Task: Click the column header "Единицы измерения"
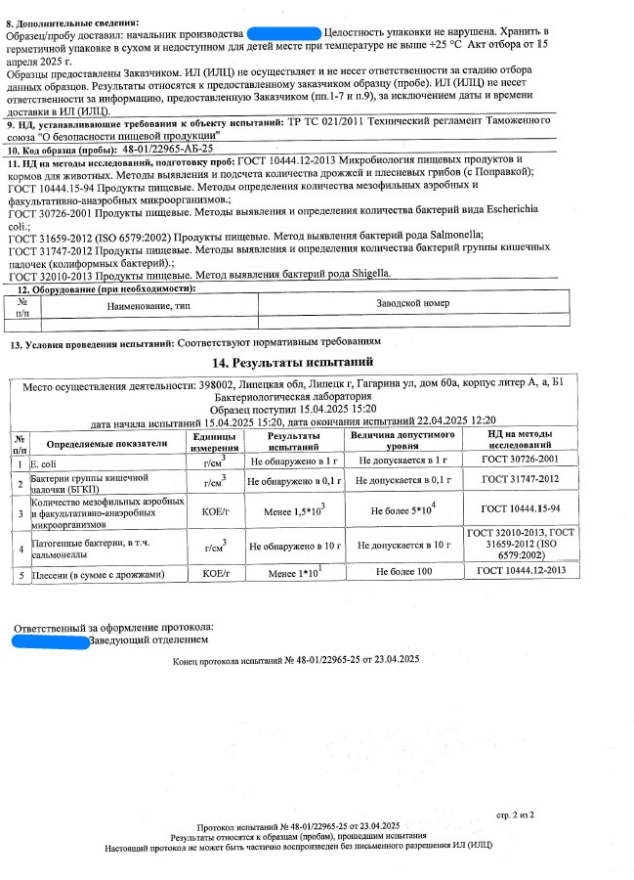pyautogui.click(x=213, y=441)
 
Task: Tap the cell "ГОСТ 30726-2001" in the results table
pyautogui.click(x=521, y=459)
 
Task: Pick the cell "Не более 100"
pyautogui.click(x=403, y=571)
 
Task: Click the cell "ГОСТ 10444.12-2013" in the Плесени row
pyautogui.click(x=521, y=571)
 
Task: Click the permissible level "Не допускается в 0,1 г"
pyautogui.click(x=403, y=481)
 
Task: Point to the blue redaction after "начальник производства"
pyautogui.click(x=284, y=34)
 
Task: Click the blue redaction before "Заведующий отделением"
pyautogui.click(x=51, y=640)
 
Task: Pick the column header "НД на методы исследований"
pyautogui.click(x=521, y=441)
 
